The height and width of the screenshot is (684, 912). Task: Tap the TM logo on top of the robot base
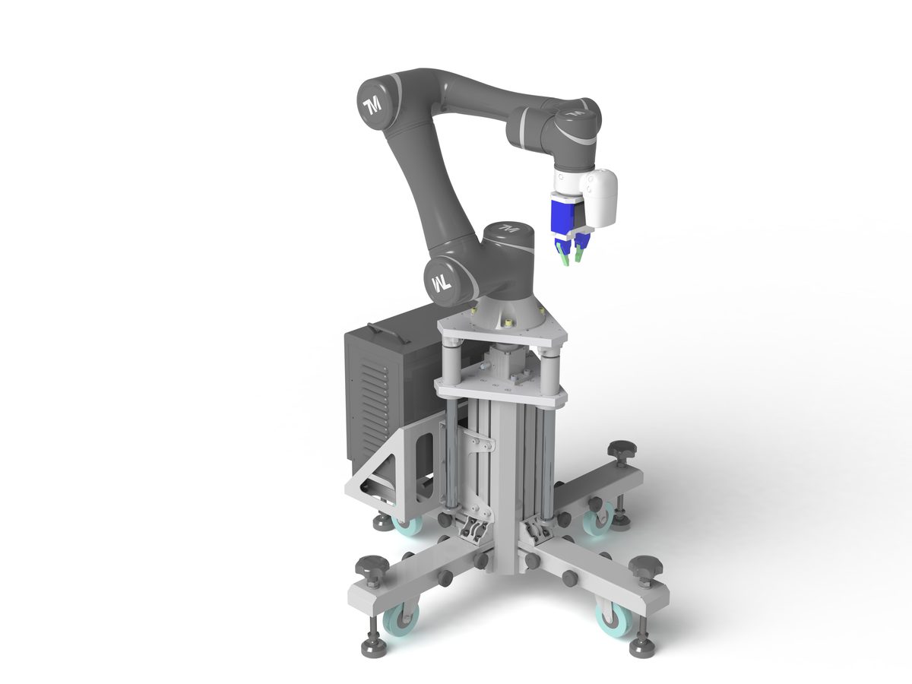tap(508, 228)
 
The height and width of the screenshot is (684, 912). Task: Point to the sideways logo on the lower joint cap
tap(442, 284)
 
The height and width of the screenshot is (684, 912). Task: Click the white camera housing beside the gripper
tap(601, 198)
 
